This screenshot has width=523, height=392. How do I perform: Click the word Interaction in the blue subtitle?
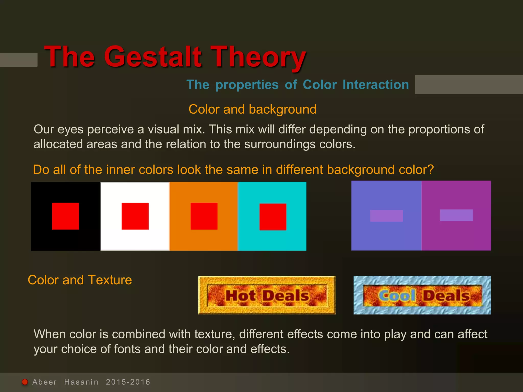pyautogui.click(x=375, y=85)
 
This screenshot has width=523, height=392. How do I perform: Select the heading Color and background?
pyautogui.click(x=252, y=109)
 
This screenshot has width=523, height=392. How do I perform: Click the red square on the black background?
pyautogui.click(x=65, y=216)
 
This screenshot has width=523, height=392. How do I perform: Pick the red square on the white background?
pyautogui.click(x=135, y=216)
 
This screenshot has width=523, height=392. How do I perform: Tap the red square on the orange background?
pyautogui.click(x=204, y=216)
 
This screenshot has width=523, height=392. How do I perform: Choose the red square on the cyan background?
pyautogui.click(x=273, y=217)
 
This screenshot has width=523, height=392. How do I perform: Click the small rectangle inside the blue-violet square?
pyautogui.click(x=386, y=216)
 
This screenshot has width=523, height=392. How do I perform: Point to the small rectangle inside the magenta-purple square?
pyautogui.click(x=456, y=215)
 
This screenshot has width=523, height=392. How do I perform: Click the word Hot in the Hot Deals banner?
pyautogui.click(x=240, y=296)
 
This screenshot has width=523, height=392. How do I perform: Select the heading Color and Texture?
pyautogui.click(x=80, y=280)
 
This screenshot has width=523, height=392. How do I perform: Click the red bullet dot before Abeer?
pyautogui.click(x=25, y=382)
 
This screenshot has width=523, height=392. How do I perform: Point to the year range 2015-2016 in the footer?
pyautogui.click(x=128, y=382)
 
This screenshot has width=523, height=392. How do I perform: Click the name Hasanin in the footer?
pyautogui.click(x=81, y=382)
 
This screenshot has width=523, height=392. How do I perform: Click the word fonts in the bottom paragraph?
pyautogui.click(x=127, y=349)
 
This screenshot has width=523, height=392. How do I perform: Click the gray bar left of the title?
pyautogui.click(x=19, y=60)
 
